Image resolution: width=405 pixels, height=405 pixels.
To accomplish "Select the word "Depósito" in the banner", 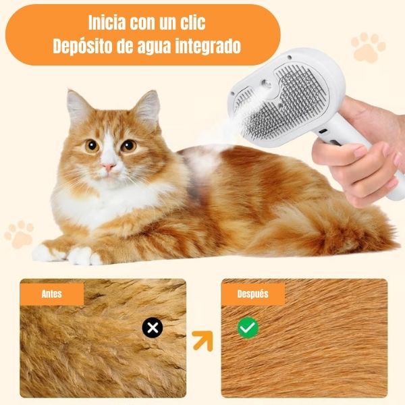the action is pos(82,47).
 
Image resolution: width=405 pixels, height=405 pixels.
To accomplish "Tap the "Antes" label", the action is pos(52,294).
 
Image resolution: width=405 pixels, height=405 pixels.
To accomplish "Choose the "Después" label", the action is pos(253,294).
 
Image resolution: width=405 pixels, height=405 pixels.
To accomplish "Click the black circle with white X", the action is pos(153,327).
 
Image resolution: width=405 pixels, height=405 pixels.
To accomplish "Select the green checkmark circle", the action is pos(248,327).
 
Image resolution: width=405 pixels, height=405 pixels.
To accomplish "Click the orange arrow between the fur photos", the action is pos(204,341).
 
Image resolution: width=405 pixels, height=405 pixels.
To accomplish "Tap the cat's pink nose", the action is pos(109,167).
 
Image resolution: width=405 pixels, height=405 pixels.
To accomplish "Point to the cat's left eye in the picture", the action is pos(92,146).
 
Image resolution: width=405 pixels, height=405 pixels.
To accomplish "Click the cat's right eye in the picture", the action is pos(128,146).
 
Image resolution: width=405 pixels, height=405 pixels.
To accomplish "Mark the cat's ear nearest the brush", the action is pos(147,109).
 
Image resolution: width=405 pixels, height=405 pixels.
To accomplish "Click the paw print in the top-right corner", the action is pos(368,47).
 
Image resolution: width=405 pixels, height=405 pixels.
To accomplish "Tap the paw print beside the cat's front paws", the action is pos(19,234).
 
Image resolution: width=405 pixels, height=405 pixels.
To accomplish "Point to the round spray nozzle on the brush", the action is pos(266,84).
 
